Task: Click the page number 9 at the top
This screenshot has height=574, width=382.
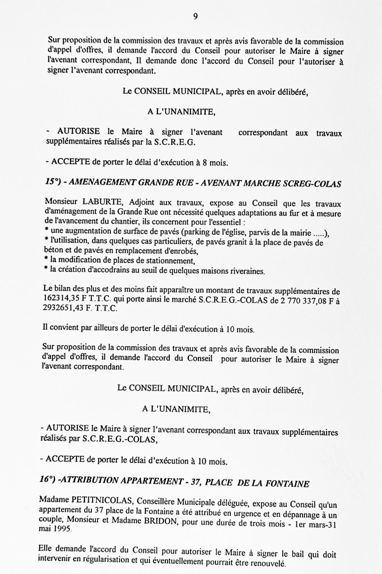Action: (x=195, y=16)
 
